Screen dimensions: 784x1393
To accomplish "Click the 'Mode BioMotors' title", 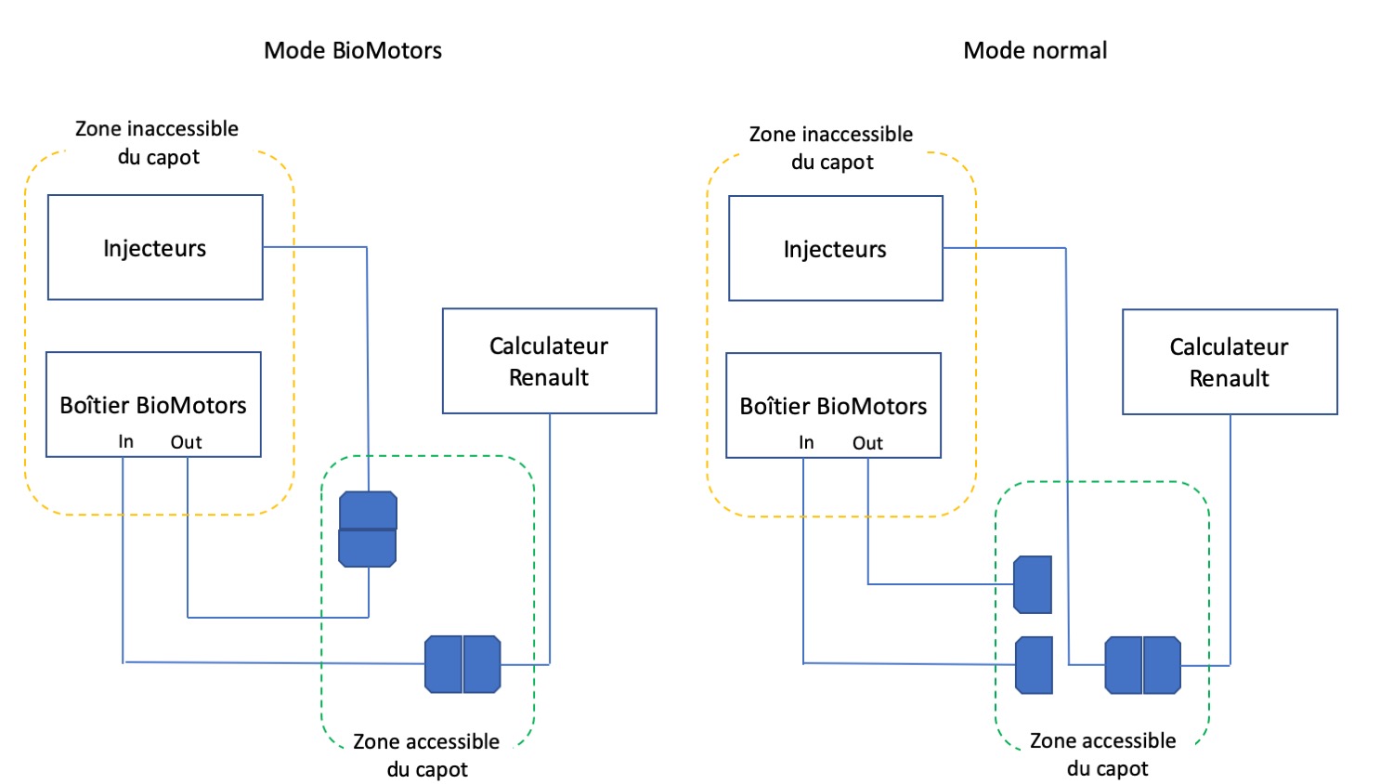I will pyautogui.click(x=353, y=50).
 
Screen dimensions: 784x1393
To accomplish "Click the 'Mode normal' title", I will pyautogui.click(x=1035, y=50).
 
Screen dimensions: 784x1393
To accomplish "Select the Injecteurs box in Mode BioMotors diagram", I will pyautogui.click(x=155, y=247).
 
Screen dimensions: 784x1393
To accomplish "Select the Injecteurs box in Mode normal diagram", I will pyautogui.click(x=835, y=248).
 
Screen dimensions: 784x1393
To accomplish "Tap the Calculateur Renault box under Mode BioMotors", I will pyautogui.click(x=549, y=360).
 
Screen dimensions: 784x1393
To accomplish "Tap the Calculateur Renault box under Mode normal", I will pyautogui.click(x=1229, y=361).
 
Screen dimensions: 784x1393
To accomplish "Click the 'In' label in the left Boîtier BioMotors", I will pyautogui.click(x=125, y=442).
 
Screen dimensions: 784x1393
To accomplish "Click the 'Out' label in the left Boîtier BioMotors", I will pyautogui.click(x=186, y=442).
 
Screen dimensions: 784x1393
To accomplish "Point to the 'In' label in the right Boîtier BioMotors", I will pyautogui.click(x=806, y=443).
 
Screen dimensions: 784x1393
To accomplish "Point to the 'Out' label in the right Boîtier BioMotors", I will pyautogui.click(x=867, y=443).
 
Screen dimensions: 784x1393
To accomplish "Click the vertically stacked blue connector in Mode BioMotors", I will pyautogui.click(x=368, y=529).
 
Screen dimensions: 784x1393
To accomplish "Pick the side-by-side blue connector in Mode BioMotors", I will pyautogui.click(x=462, y=663).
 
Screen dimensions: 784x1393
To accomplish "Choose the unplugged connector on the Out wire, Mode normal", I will pyautogui.click(x=1033, y=584).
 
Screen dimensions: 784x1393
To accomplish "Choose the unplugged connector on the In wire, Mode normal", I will pyautogui.click(x=1034, y=664).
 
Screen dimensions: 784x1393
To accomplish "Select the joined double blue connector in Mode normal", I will pyautogui.click(x=1142, y=664).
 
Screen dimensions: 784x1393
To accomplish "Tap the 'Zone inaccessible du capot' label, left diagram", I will pyautogui.click(x=157, y=142).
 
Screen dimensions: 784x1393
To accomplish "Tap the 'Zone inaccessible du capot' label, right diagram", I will pyautogui.click(x=831, y=148).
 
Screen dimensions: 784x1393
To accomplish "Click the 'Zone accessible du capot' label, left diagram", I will pyautogui.click(x=426, y=755).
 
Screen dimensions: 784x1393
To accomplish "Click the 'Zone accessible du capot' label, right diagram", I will pyautogui.click(x=1103, y=754).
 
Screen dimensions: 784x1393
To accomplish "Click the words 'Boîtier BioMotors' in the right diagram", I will pyautogui.click(x=833, y=406).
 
